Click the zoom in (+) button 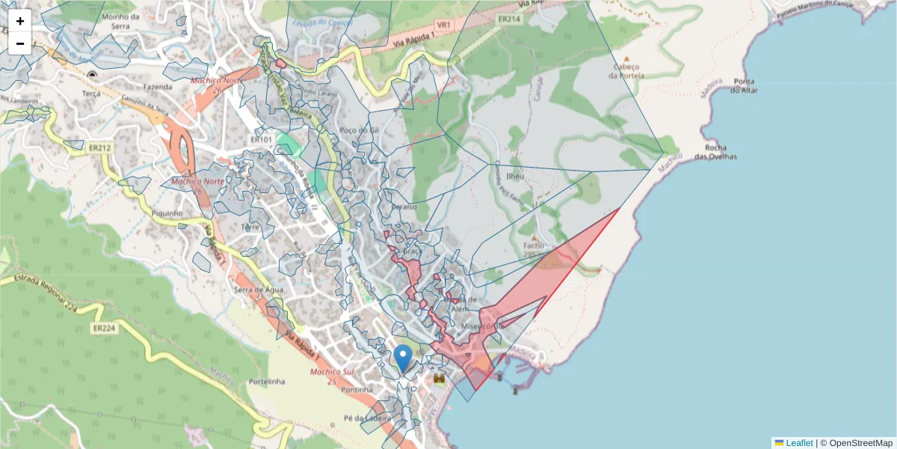[x=20, y=21]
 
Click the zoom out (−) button [x=20, y=43]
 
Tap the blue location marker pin [x=403, y=358]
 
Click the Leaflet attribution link [x=798, y=443]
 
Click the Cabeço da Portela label [x=627, y=71]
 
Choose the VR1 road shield [x=444, y=25]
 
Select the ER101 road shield [x=261, y=139]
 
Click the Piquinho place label [x=167, y=213]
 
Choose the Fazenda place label [x=158, y=86]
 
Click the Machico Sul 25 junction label [x=332, y=376]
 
